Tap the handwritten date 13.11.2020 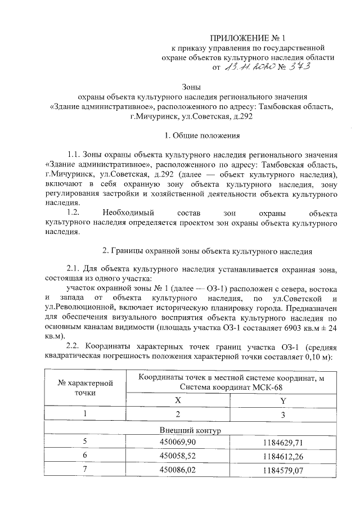249,69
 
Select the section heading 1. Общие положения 202,136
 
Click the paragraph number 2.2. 75,345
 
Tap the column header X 178,401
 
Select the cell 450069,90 178,442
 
